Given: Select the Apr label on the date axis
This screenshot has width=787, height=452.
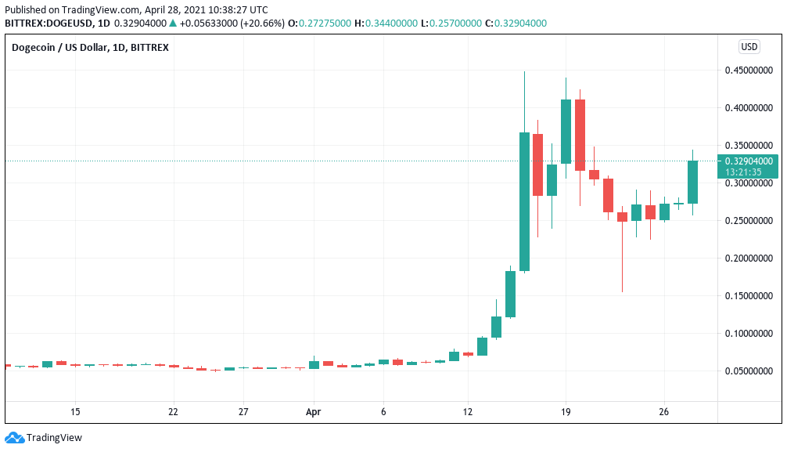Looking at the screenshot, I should [314, 411].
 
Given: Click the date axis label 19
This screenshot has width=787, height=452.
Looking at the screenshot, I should [566, 411].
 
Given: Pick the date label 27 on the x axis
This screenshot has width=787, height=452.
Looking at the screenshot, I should [243, 411].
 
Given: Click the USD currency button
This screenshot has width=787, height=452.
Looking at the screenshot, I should [749, 47].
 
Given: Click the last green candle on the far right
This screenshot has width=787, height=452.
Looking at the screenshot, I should [692, 182].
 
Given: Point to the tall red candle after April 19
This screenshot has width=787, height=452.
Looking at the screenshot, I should [580, 135].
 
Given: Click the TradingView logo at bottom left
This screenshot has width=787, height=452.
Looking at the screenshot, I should [44, 437].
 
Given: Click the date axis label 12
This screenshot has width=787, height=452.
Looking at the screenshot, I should [468, 411].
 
